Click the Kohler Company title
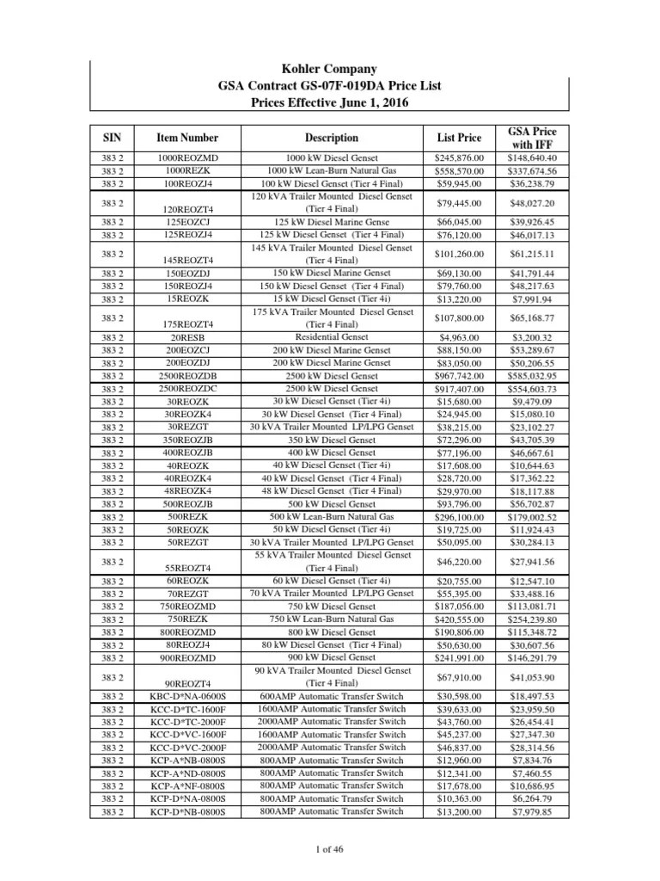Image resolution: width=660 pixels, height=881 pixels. click(331, 69)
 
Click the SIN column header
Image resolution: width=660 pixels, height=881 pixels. click(113, 138)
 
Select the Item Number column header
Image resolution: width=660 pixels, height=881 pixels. click(187, 138)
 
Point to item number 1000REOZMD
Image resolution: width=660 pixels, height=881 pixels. click(187, 158)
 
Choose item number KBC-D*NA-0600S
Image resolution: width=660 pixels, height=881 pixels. click(187, 696)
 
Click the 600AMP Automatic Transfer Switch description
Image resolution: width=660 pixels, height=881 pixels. click(331, 696)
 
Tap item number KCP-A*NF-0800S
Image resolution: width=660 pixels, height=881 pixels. click(187, 786)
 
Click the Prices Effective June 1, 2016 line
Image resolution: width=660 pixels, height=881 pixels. click(331, 102)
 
